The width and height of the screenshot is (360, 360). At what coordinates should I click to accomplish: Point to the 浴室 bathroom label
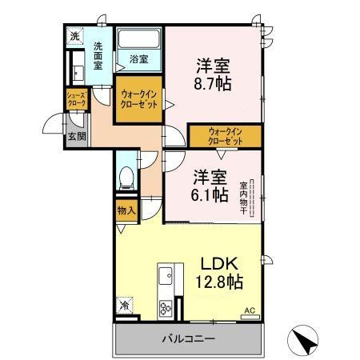coord(138,58)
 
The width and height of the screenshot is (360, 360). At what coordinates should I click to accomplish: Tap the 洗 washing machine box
coord(74,36)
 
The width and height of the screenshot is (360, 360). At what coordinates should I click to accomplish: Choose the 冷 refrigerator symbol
coord(125,305)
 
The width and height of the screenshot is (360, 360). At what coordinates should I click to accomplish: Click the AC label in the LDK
coord(249,310)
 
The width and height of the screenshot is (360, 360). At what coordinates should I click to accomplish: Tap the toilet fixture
coord(126,178)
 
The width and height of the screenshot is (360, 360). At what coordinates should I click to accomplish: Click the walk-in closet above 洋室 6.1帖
coord(225,136)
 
